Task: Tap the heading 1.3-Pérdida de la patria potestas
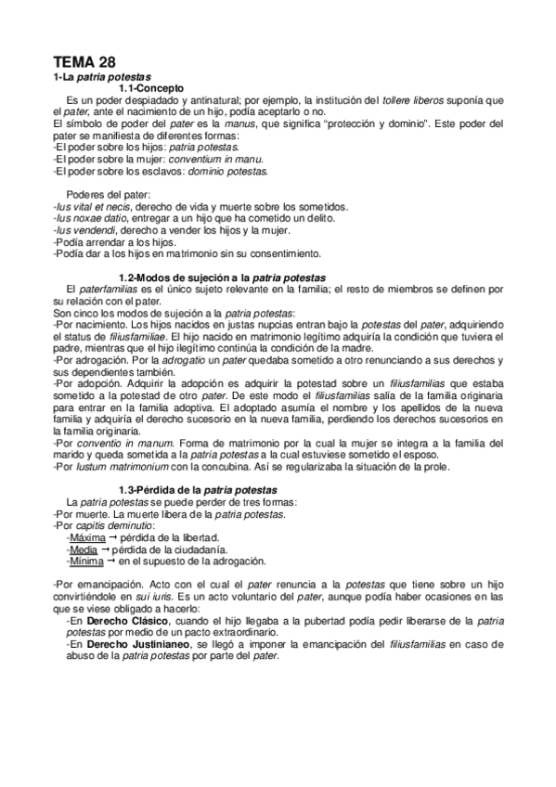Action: click(x=200, y=489)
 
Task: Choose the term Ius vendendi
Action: click(x=84, y=229)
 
